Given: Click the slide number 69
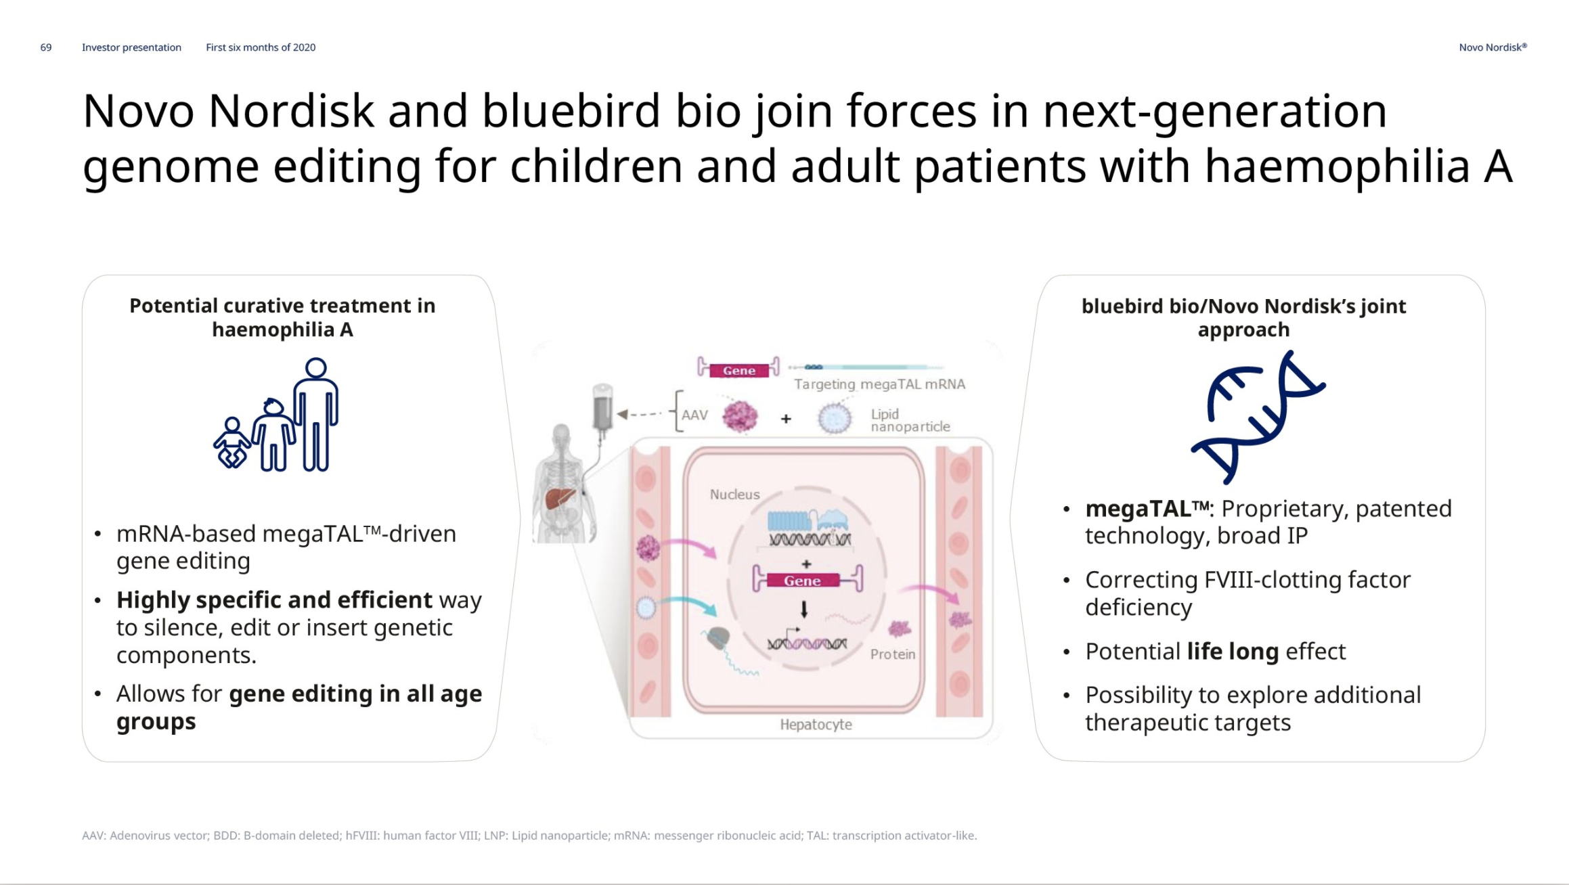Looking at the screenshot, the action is [x=46, y=47].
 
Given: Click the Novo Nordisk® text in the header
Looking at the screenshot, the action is [x=1493, y=47].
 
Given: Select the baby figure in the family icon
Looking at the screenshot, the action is [x=231, y=443].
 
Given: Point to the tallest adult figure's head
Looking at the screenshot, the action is [x=316, y=368].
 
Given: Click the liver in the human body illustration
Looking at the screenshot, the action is [x=560, y=498].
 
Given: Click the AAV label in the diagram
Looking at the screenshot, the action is [x=694, y=415].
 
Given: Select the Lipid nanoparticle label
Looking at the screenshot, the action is [x=910, y=420].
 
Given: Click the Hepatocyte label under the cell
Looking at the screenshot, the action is [x=816, y=725].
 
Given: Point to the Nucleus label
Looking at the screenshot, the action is [x=734, y=495].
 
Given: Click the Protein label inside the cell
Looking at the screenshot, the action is [x=893, y=654].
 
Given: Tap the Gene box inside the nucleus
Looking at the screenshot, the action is [x=802, y=581].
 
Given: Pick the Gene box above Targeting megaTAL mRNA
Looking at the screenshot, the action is [x=739, y=371].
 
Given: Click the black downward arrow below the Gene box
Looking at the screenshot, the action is [x=804, y=610].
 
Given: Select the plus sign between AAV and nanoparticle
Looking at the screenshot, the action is [x=786, y=419].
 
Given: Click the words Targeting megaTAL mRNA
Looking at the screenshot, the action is [x=880, y=384].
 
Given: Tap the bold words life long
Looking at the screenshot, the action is [x=1233, y=651].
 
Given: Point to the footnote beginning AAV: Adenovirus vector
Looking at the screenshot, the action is [x=529, y=836].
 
